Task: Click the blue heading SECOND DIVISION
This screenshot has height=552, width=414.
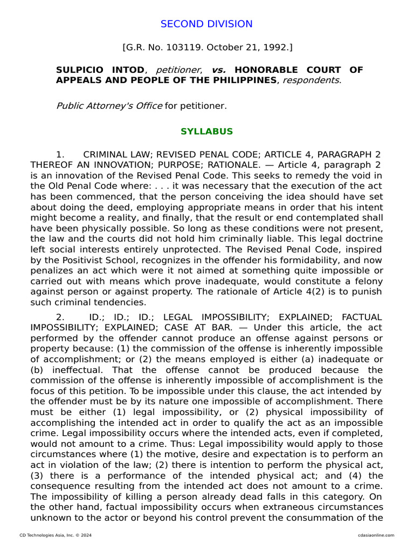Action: [206, 24]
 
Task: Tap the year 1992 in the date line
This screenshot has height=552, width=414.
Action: [275, 47]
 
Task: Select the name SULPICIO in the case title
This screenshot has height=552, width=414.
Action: [80, 70]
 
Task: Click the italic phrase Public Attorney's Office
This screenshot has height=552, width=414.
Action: [109, 106]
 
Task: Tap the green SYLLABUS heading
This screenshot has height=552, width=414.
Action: [206, 132]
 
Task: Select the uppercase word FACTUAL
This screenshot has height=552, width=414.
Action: [362, 317]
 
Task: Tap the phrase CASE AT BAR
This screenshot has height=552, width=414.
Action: [201, 328]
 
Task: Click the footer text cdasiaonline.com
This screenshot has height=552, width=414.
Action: [376, 535]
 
